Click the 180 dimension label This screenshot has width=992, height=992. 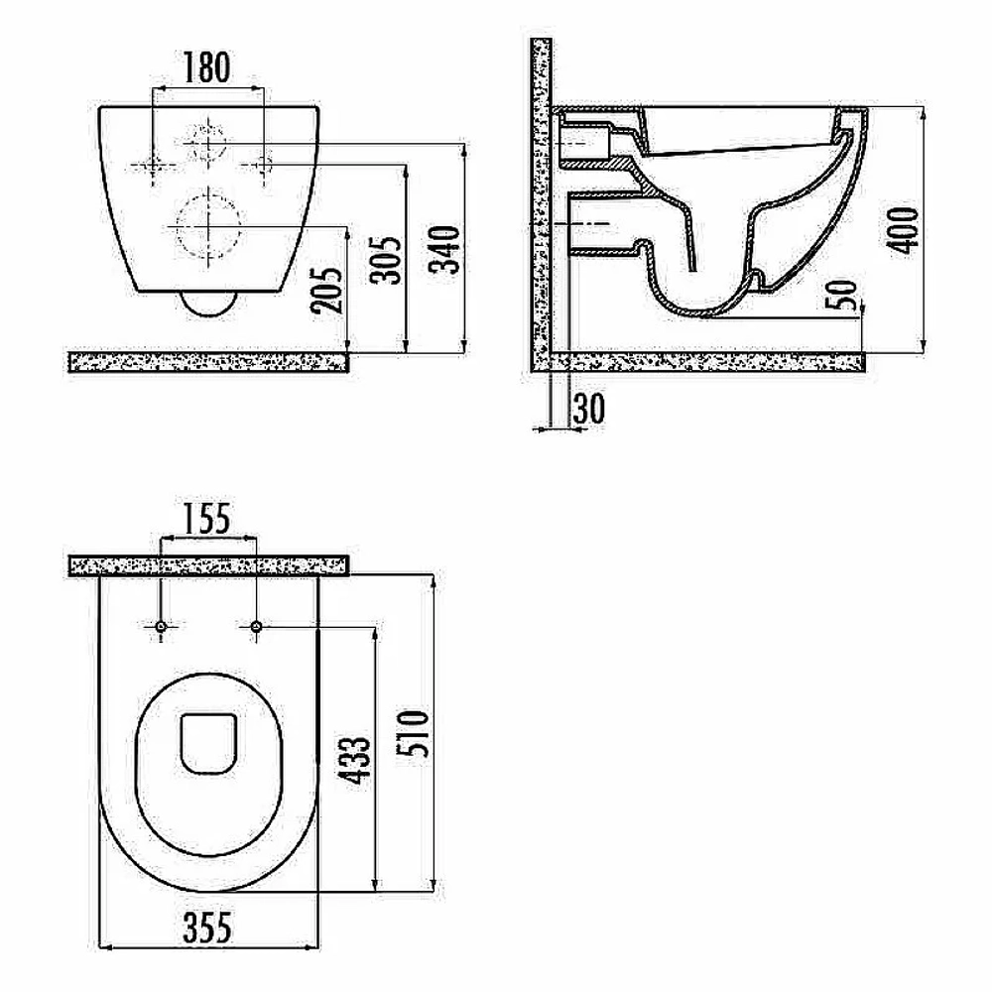point(206,67)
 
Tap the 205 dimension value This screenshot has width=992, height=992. point(326,291)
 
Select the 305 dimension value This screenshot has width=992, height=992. point(385,260)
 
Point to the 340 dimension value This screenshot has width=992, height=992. point(444,249)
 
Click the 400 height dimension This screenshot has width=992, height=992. point(905,230)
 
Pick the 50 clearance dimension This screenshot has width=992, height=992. point(842,295)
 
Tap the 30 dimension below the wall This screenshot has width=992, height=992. point(589,409)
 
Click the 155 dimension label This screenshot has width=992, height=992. point(207,519)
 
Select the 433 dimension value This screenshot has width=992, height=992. point(354,761)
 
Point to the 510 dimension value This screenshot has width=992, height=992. point(412,734)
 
